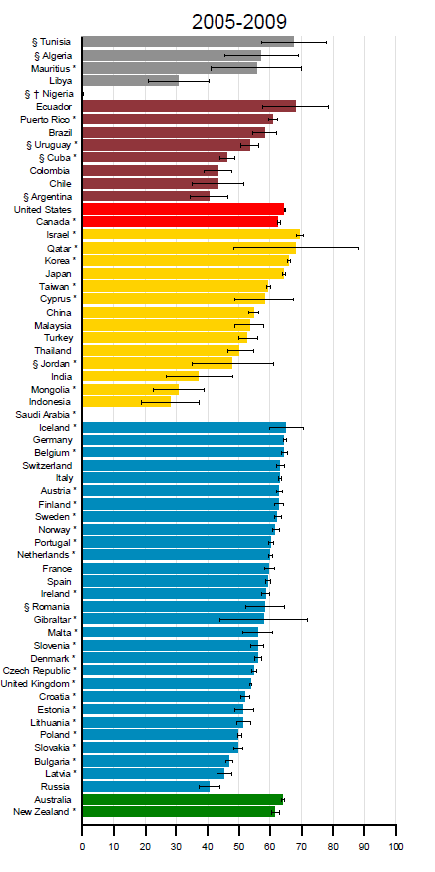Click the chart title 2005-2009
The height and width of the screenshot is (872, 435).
point(239,22)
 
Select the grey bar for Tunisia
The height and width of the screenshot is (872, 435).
point(189,42)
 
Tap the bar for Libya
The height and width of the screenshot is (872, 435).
point(131,80)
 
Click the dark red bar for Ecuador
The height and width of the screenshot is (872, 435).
point(190,106)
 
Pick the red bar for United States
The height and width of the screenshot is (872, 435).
point(184,209)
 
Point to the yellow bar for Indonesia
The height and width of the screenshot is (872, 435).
point(127,401)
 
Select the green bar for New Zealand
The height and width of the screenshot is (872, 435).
point(179,812)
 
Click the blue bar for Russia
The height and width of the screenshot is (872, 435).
point(146,786)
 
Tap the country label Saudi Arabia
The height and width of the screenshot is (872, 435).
point(46,414)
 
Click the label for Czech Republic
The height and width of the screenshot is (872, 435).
point(40,670)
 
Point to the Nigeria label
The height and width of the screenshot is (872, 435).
point(50,94)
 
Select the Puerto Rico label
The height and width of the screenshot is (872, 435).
point(48,119)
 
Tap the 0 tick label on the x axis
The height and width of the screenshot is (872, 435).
point(82,847)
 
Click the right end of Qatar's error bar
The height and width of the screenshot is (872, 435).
point(359,248)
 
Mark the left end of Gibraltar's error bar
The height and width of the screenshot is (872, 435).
point(220,619)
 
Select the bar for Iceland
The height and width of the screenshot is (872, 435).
point(185,428)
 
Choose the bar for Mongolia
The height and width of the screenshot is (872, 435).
point(131,389)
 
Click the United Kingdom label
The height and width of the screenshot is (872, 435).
point(39,683)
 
